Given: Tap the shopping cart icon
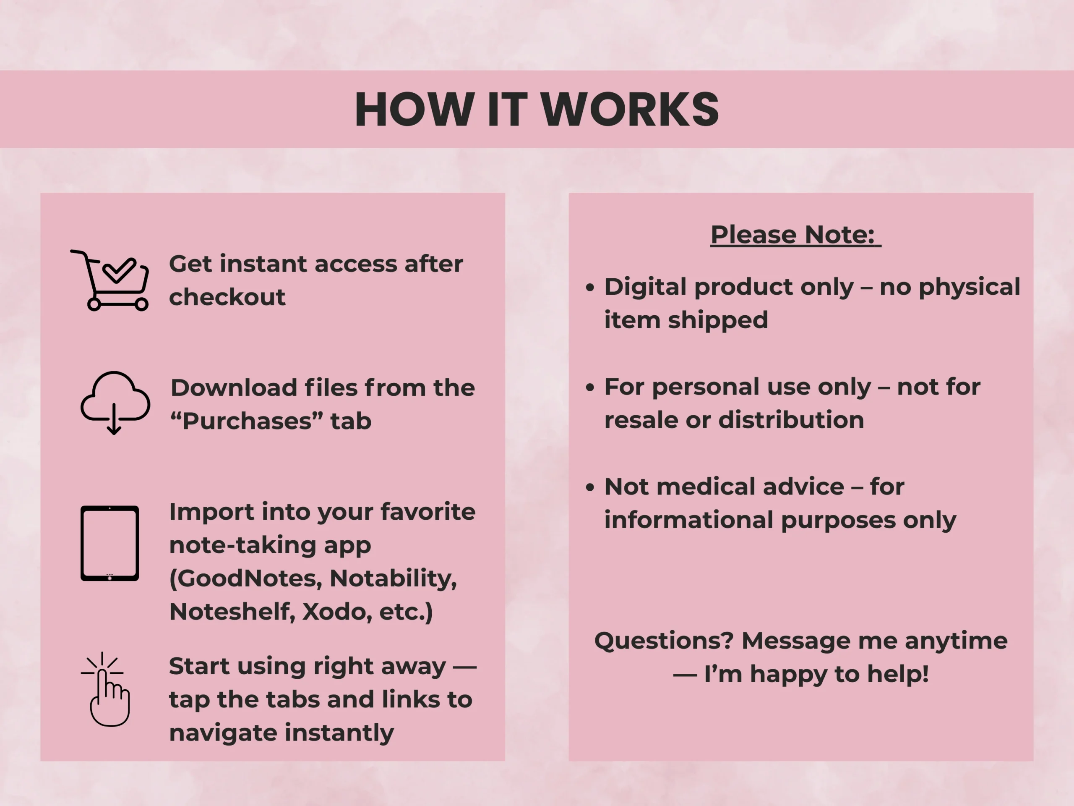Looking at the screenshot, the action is coord(110,280).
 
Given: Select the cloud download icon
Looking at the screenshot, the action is coord(115,403).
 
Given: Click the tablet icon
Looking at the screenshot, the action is coord(110,543).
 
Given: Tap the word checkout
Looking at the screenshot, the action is coord(227,297).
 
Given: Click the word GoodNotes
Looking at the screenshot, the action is coord(246,578).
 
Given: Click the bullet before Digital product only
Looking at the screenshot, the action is coord(590,287).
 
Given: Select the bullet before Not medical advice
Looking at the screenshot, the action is coord(590,487).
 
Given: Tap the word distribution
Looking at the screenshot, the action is coord(791,420).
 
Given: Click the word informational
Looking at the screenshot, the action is coord(689,520).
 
